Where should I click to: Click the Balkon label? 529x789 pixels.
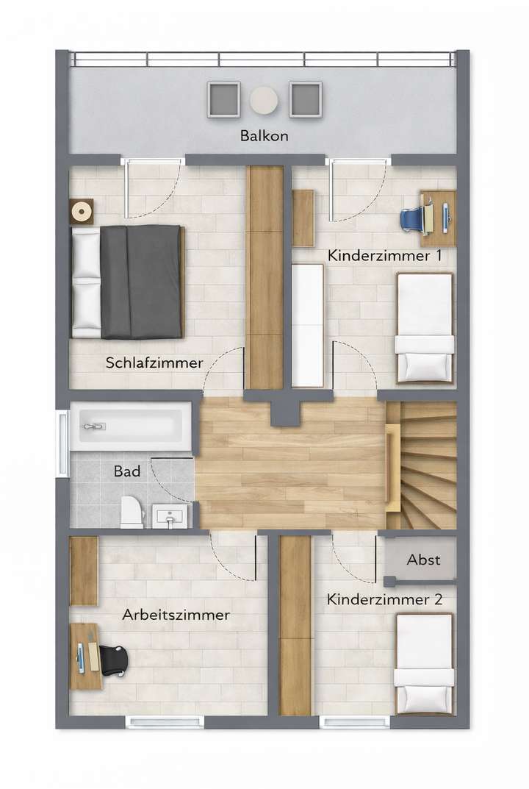click(x=264, y=136)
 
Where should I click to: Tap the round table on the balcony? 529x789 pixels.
click(x=264, y=100)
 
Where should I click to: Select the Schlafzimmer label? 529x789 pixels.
click(x=154, y=363)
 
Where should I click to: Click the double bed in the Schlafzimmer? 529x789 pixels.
click(x=128, y=282)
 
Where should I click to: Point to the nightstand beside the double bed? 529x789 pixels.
click(x=82, y=211)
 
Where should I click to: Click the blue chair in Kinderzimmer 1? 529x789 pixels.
click(x=414, y=218)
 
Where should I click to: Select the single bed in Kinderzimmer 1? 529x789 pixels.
click(x=425, y=327)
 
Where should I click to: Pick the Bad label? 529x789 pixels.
click(x=127, y=471)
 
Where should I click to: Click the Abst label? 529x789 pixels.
click(x=423, y=560)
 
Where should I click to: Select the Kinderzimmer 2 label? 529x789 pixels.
click(x=385, y=600)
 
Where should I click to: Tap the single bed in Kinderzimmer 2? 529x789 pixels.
click(x=424, y=663)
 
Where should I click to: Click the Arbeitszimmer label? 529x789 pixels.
click(x=176, y=615)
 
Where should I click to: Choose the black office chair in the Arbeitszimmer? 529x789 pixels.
click(x=113, y=659)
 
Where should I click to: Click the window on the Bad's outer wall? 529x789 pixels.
click(x=62, y=443)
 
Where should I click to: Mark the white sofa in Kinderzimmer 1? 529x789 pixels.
click(x=307, y=324)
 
